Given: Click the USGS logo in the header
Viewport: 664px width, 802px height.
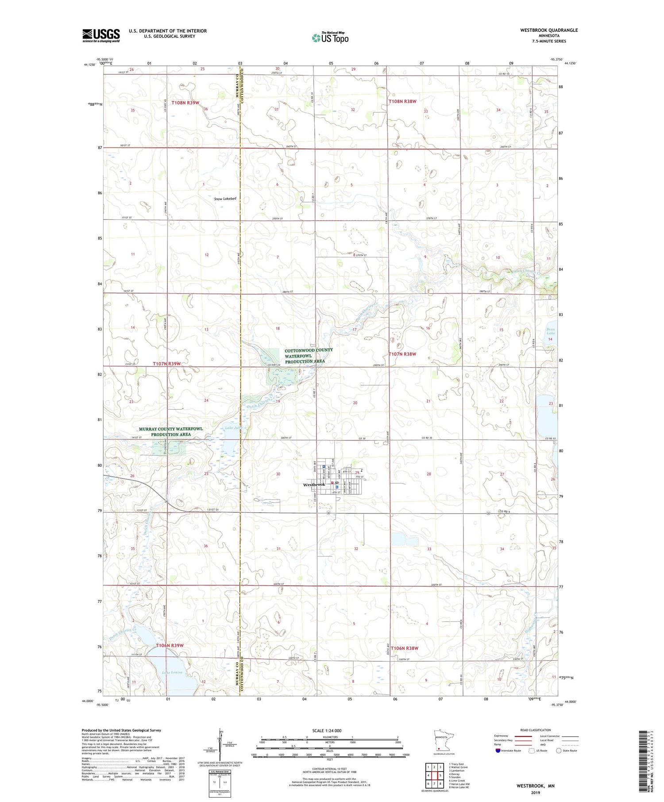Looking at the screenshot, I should tap(101, 35).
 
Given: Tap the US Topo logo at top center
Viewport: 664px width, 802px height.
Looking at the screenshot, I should tap(330, 38).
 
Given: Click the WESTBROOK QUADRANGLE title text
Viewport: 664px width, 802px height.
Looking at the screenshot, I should tap(549, 30).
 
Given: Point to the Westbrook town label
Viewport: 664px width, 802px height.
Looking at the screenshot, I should tap(314, 484).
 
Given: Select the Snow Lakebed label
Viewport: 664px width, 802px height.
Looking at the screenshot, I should tap(225, 199).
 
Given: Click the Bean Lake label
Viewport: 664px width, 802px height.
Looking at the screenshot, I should tap(550, 331).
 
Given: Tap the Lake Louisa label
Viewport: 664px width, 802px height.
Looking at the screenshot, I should tap(172, 672).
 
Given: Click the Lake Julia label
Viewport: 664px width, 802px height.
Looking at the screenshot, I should tap(233, 427).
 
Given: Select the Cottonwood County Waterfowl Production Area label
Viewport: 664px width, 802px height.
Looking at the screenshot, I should tap(308, 356).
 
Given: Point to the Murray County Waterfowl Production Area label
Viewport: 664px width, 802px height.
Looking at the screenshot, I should tap(170, 431).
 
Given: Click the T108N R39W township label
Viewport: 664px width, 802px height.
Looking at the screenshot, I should tap(185, 103).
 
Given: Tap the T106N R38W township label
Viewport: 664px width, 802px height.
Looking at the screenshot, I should tap(404, 648).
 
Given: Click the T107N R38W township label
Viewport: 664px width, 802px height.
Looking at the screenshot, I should tap(402, 354).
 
